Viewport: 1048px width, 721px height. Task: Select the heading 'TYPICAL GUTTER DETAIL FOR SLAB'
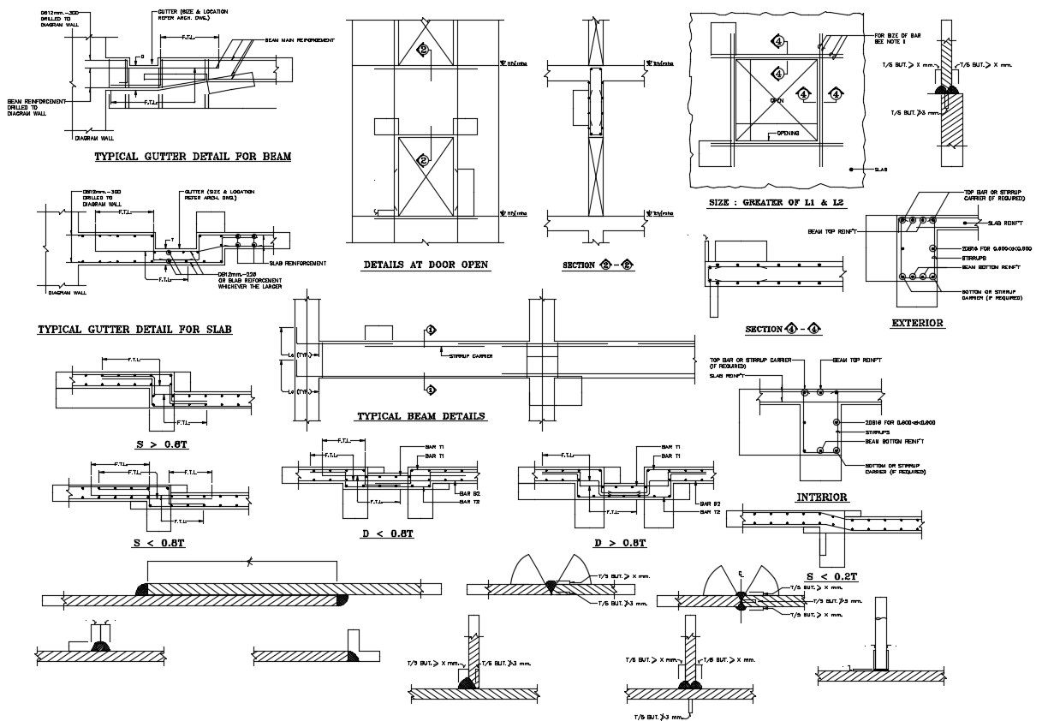[x=135, y=330]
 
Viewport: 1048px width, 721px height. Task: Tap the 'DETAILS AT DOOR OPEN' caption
[x=426, y=265]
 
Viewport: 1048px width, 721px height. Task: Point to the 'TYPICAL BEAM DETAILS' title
[x=420, y=416]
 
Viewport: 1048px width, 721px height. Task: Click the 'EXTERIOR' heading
[x=917, y=324]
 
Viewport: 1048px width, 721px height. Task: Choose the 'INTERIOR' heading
[x=822, y=498]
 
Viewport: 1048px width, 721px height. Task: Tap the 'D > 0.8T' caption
[x=620, y=543]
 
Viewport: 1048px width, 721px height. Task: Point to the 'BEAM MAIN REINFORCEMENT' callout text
[x=299, y=40]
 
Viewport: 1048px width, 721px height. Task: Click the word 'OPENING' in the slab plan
[x=788, y=134]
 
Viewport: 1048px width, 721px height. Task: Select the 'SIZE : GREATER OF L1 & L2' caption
[x=777, y=203]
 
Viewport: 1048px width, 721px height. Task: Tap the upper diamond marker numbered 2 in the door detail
[x=423, y=50]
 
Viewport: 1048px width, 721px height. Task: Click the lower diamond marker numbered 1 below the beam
[x=431, y=390]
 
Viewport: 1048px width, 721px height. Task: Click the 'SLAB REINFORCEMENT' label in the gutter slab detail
[x=296, y=263]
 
